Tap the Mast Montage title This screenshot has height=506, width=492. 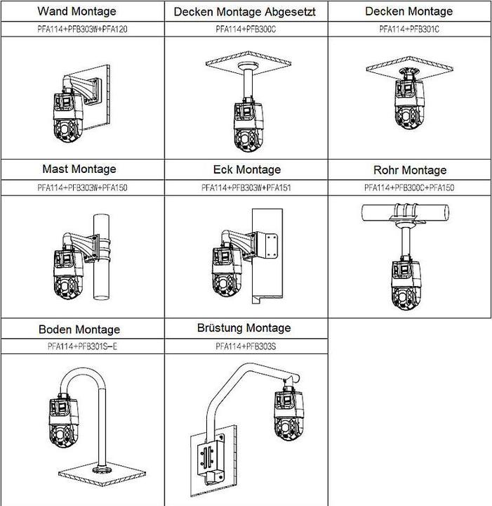point(79,169)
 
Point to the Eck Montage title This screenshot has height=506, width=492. point(246,170)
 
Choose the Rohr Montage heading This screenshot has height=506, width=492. point(410,170)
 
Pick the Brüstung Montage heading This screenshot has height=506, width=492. point(245,328)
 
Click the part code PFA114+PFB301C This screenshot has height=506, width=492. point(410,30)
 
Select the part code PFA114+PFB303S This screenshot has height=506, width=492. point(245,346)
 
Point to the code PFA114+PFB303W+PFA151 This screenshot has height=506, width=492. point(246,188)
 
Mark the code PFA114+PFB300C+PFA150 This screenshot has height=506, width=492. point(410,188)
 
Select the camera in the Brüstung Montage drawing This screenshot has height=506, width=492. point(287,415)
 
